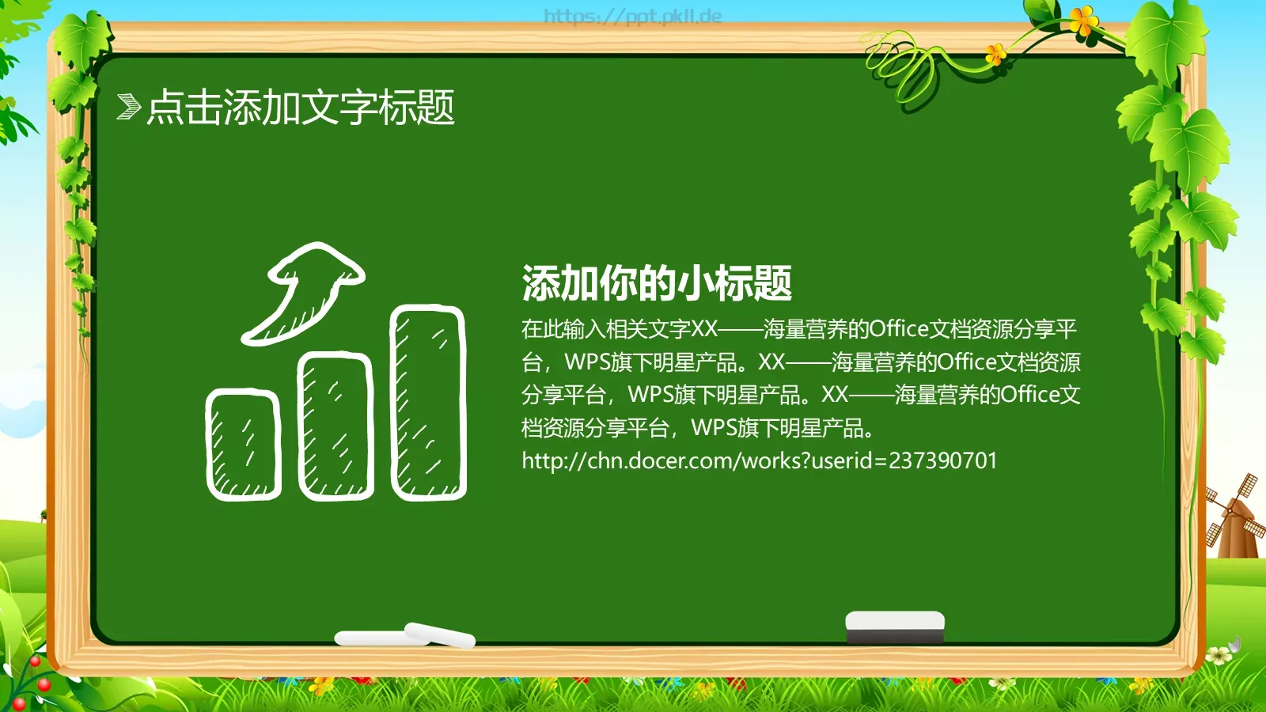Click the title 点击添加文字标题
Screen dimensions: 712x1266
[x=301, y=108]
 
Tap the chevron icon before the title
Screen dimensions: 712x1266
[x=128, y=107]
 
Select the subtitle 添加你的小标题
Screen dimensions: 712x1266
[x=657, y=283]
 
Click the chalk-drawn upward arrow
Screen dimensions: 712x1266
[x=305, y=293]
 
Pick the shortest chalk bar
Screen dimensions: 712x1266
[x=244, y=445]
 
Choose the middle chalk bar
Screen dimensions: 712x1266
[x=335, y=426]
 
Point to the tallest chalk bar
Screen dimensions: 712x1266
[x=428, y=403]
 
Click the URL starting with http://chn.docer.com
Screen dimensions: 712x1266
[x=760, y=460]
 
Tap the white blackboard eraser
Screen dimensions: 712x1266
[x=895, y=626]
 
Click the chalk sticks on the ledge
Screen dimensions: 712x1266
[x=405, y=636]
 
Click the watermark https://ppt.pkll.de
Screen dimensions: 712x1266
[x=633, y=16]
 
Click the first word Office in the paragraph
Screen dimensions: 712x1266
[x=899, y=328]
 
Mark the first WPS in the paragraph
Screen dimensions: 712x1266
[x=587, y=362]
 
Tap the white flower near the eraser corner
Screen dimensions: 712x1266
[x=1219, y=655]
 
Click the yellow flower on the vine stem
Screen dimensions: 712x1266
[x=995, y=54]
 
